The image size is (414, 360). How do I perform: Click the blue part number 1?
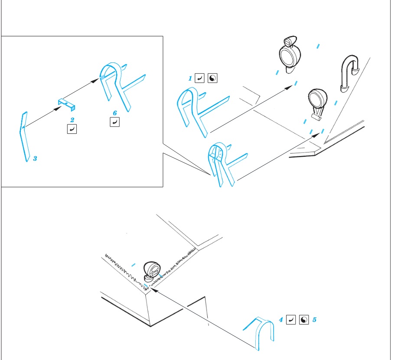[190, 78]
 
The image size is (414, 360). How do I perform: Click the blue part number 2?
[72, 119]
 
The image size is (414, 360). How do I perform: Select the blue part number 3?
[35, 159]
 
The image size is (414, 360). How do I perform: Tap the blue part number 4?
[281, 320]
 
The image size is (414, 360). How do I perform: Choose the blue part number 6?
[115, 113]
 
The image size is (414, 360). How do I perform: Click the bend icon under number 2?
[72, 129]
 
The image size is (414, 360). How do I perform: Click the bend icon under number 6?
[114, 123]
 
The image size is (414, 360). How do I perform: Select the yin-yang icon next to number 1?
[212, 78]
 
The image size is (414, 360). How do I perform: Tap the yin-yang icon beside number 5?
[304, 320]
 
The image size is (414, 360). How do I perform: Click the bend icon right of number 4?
[291, 320]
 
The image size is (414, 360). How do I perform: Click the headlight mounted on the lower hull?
[151, 272]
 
